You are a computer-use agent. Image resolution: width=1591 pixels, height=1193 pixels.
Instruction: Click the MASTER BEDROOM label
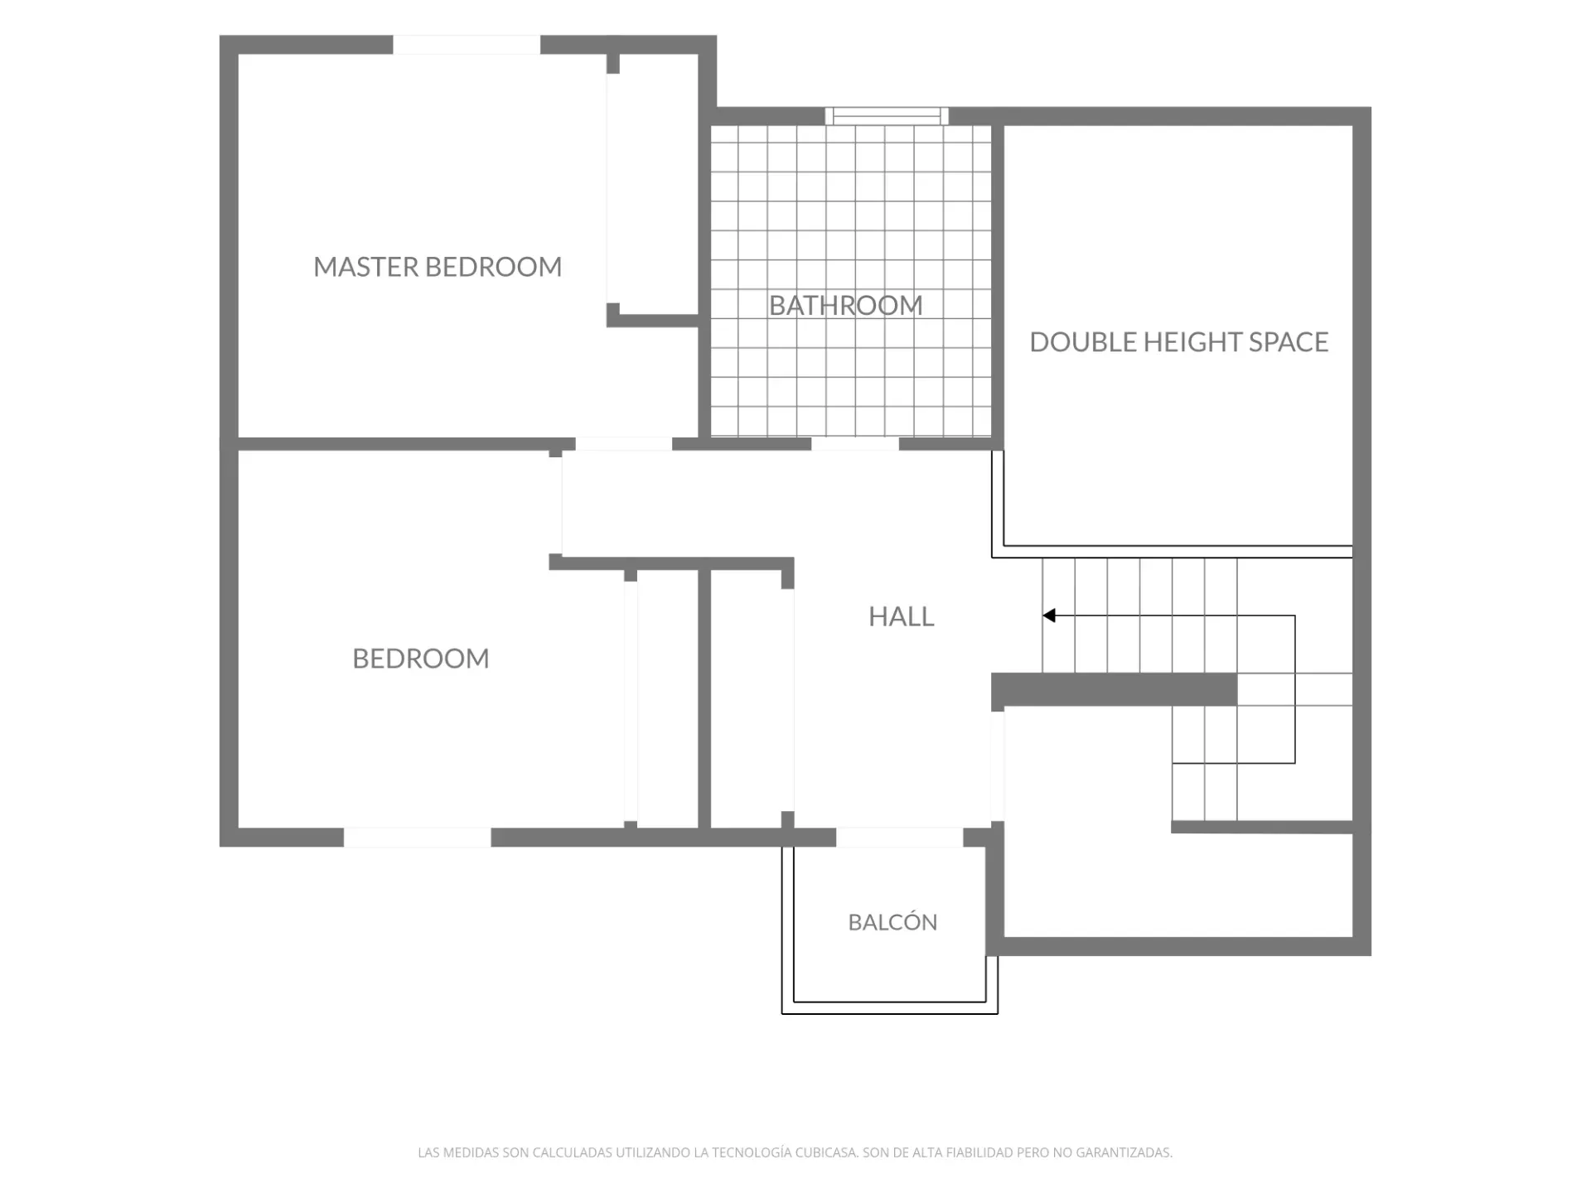pos(438,267)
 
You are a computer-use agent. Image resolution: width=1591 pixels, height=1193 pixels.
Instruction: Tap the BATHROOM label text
pos(845,306)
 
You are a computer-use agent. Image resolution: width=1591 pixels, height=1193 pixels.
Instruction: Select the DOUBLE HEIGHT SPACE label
pos(1178,342)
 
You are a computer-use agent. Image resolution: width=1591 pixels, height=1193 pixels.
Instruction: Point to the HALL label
pos(901,616)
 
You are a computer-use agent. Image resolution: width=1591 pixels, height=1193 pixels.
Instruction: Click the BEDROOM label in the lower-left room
pos(421,659)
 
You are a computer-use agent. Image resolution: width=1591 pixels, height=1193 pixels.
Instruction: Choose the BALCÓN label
pos(892,922)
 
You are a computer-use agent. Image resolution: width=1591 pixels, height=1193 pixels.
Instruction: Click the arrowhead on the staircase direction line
pos(1049,616)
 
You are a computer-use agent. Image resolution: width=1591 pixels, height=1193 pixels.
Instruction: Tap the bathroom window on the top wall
pos(887,116)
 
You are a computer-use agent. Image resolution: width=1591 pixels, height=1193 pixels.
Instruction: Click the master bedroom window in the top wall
pos(467,45)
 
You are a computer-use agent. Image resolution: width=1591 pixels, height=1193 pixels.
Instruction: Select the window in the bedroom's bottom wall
pos(418,837)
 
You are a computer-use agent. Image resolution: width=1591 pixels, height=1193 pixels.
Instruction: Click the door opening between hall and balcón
pos(899,837)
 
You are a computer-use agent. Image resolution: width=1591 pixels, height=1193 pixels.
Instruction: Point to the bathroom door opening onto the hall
pos(855,444)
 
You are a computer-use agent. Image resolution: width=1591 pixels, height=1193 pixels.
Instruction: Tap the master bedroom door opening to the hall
pos(623,444)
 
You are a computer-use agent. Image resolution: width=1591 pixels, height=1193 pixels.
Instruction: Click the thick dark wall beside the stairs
pos(1115,689)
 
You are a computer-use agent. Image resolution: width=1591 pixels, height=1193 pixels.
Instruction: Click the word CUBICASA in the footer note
pos(826,1152)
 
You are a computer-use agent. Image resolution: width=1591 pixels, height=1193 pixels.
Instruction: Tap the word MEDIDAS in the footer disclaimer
pos(470,1152)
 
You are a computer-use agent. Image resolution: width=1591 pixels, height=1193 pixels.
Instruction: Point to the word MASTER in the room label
pos(366,267)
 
